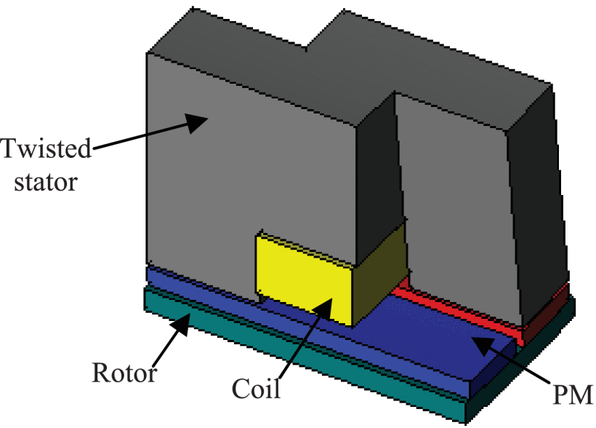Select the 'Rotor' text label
[x=124, y=373]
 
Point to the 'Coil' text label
[x=255, y=387]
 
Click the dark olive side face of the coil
[x=378, y=273]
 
